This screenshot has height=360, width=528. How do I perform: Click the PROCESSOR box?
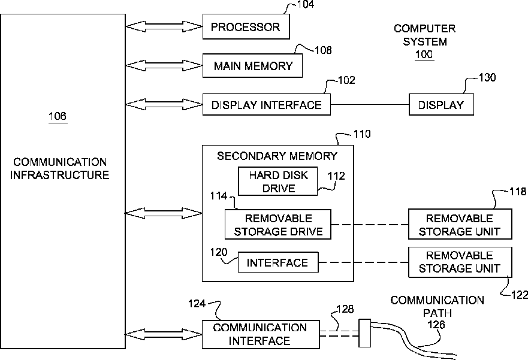(x=246, y=26)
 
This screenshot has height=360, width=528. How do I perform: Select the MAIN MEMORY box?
(x=252, y=66)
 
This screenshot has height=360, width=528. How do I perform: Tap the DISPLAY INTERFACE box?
(x=266, y=105)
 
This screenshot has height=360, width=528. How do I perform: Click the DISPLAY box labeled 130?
(x=441, y=105)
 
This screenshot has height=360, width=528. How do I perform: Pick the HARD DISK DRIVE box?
(x=278, y=181)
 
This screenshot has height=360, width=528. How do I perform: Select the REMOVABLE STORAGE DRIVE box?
(x=278, y=225)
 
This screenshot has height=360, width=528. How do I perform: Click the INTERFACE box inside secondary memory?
(x=278, y=262)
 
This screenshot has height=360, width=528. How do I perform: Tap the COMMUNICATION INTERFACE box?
(x=261, y=334)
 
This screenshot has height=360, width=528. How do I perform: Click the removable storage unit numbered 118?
(x=460, y=225)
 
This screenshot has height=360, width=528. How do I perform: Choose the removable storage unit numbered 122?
(x=460, y=262)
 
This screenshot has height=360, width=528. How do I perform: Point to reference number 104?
(x=306, y=4)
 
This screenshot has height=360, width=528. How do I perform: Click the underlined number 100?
(x=424, y=55)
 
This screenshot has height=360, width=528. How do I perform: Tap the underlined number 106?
(x=58, y=116)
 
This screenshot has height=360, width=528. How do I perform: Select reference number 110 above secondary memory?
(x=362, y=134)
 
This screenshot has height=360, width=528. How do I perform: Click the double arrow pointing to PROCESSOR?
(x=164, y=26)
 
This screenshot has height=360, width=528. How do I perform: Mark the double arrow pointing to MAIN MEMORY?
(x=164, y=66)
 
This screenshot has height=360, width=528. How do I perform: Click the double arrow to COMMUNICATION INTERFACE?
(x=164, y=334)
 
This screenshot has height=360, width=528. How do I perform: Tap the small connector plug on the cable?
(x=364, y=333)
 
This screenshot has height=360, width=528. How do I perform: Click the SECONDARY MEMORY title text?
(x=277, y=156)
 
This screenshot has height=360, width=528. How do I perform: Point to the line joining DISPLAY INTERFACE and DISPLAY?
(x=370, y=105)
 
